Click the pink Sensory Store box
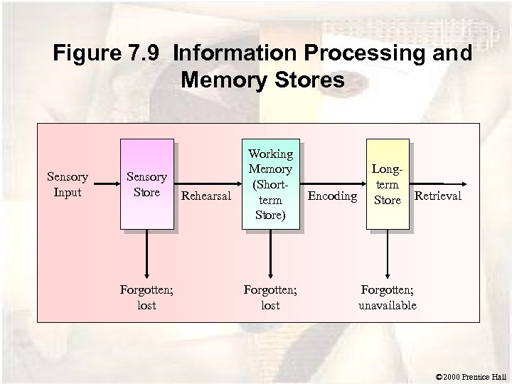click(x=146, y=185)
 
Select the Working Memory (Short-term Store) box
click(x=270, y=185)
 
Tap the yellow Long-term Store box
click(x=388, y=185)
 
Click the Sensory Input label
click(x=67, y=185)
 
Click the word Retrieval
click(x=437, y=196)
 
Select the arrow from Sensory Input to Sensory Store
click(x=102, y=185)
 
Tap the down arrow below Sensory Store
click(x=146, y=256)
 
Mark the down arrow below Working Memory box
click(x=270, y=256)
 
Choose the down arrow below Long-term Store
click(x=388, y=256)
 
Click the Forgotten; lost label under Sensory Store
click(x=146, y=297)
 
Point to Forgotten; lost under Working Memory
click(x=270, y=297)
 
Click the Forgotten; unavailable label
click(x=388, y=297)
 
